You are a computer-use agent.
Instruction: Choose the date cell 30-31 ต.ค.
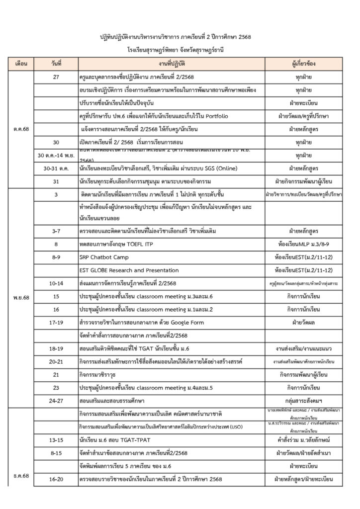[55, 168]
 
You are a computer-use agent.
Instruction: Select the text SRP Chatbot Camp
[101, 258]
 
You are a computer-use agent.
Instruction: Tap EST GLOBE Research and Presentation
[129, 271]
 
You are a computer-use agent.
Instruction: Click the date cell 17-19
[55, 322]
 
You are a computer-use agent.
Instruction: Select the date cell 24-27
[55, 399]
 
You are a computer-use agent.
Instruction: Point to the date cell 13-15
[55, 440]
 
